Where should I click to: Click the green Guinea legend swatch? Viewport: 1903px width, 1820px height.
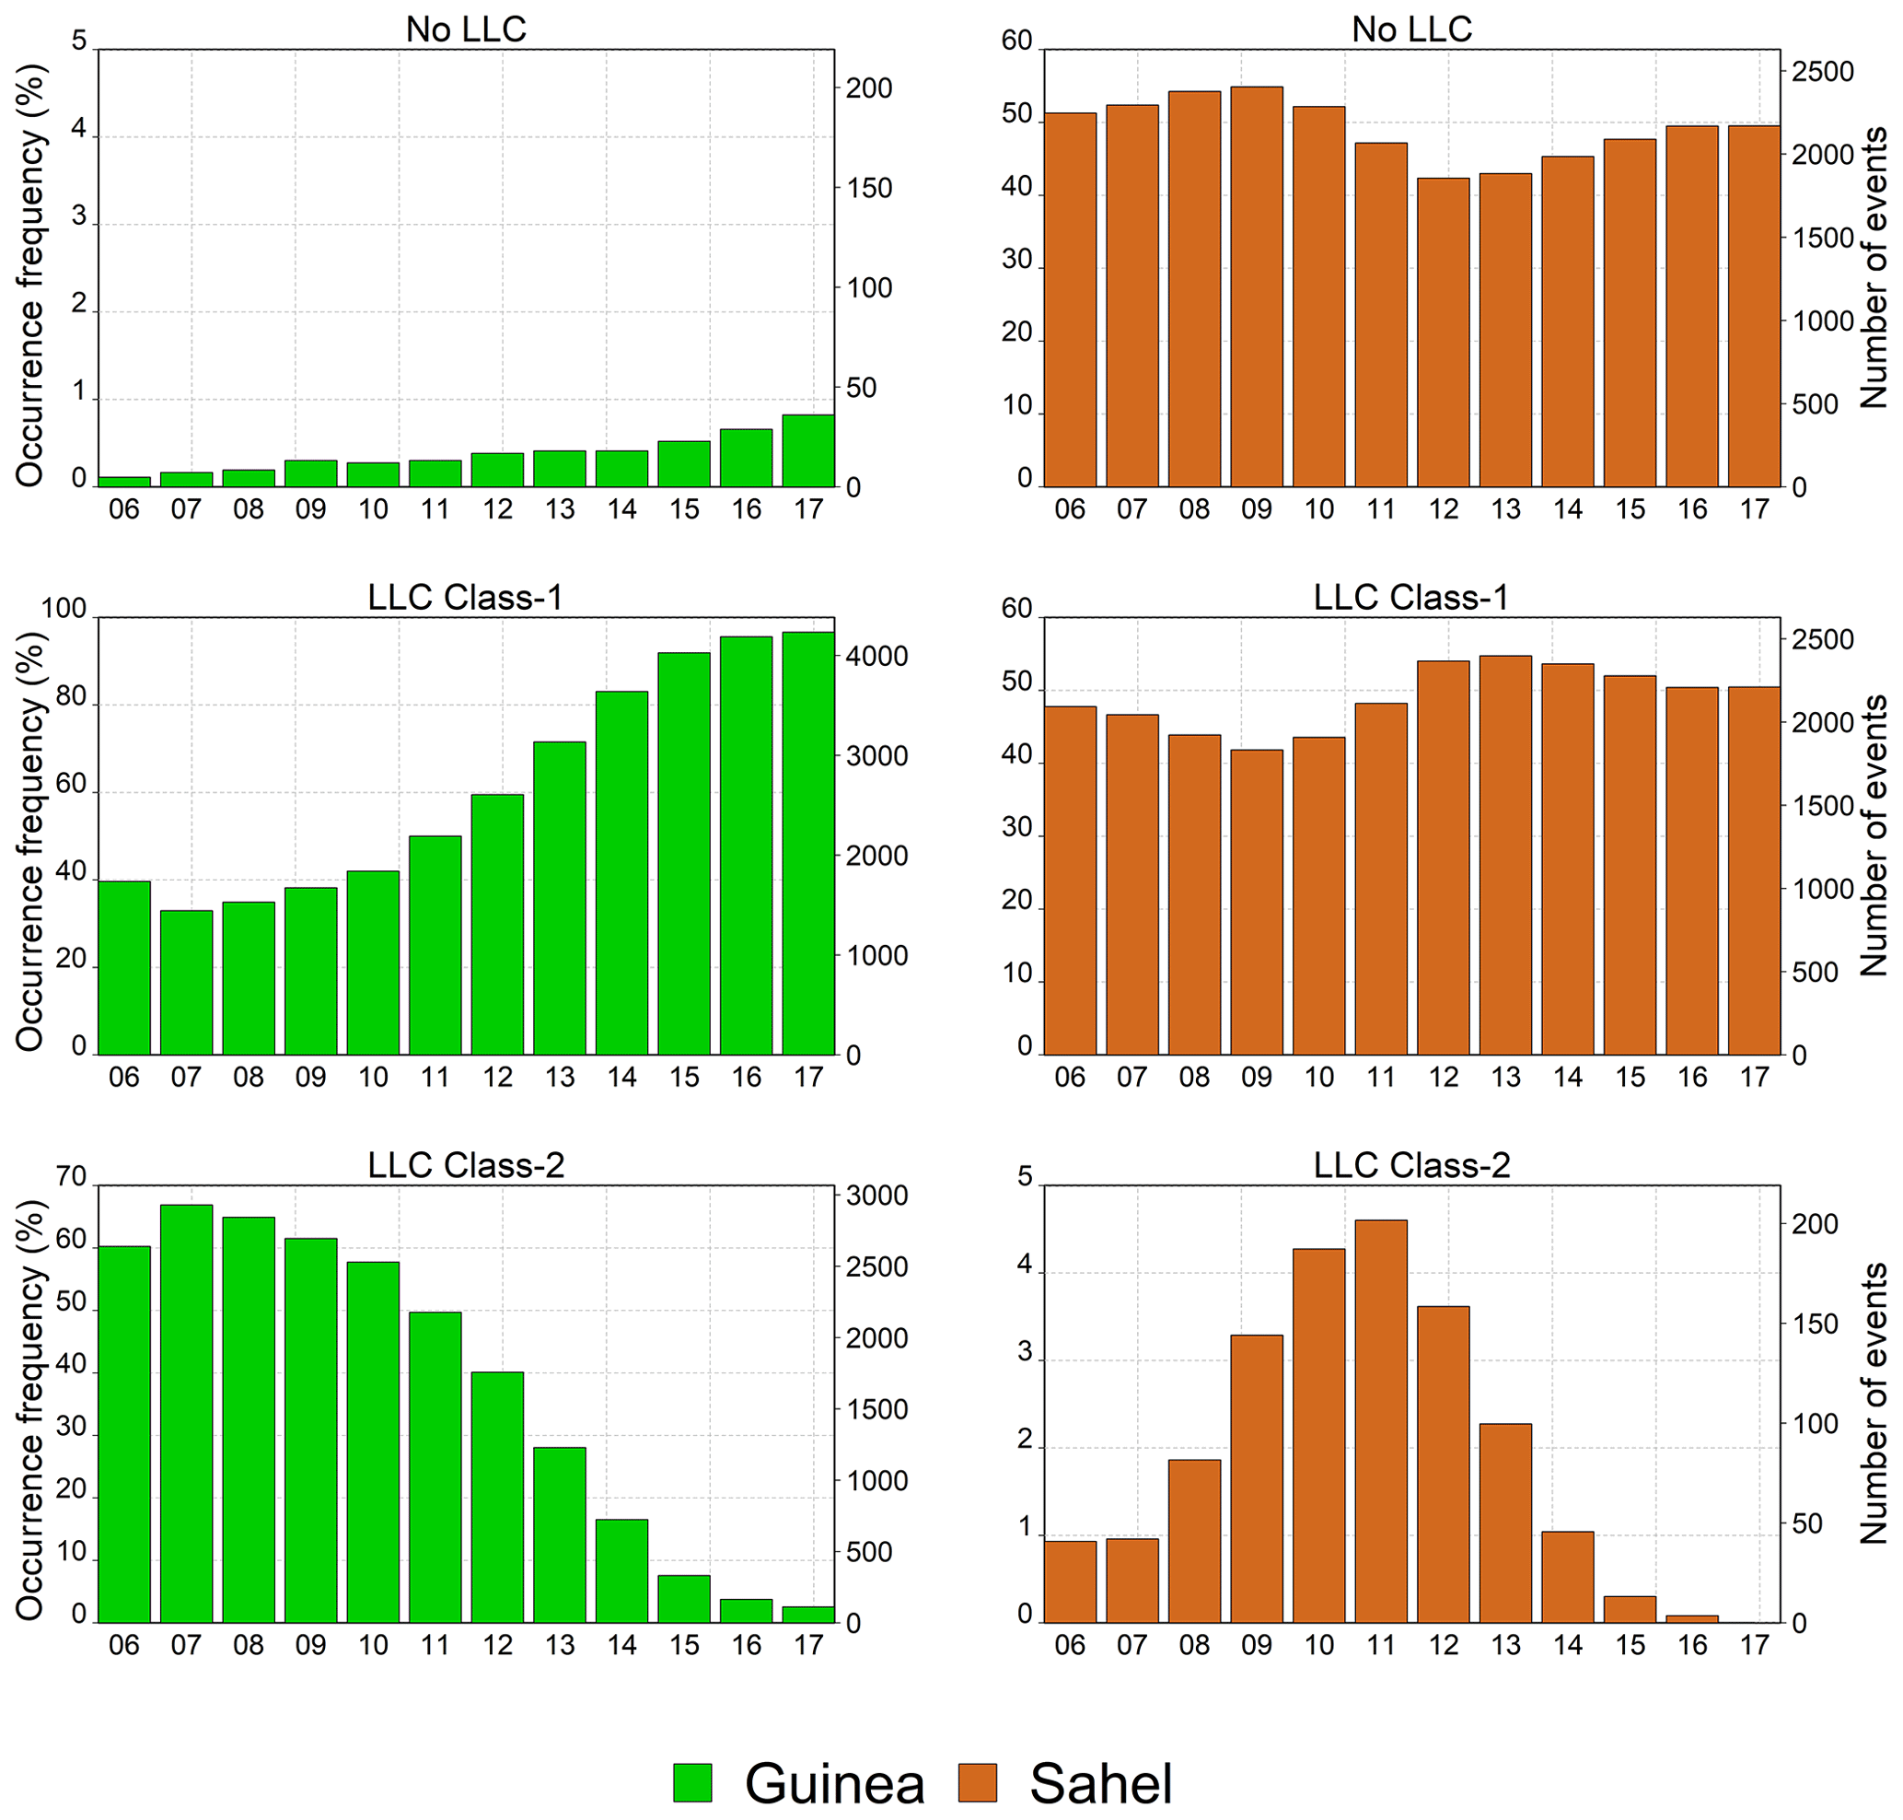click(x=692, y=1782)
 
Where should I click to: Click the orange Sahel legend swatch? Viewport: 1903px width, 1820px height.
click(x=977, y=1782)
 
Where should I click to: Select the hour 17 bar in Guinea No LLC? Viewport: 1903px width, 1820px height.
click(x=808, y=450)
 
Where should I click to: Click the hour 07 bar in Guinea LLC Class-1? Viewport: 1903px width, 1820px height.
click(x=186, y=982)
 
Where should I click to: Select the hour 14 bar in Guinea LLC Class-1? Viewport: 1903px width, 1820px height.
click(x=621, y=872)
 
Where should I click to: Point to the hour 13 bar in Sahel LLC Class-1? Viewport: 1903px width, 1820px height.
click(x=1504, y=855)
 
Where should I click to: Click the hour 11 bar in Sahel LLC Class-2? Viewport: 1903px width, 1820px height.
click(x=1380, y=1421)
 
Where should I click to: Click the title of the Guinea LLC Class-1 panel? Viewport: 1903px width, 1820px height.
click(x=466, y=597)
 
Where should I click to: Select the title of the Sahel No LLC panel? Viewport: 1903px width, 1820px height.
click(x=1411, y=29)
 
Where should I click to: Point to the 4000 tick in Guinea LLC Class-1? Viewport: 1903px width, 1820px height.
click(x=875, y=657)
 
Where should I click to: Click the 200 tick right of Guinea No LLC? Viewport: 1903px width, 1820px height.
click(x=869, y=88)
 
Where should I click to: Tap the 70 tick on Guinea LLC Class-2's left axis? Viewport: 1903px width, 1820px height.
click(x=71, y=1178)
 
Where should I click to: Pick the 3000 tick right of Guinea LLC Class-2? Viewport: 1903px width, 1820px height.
click(x=876, y=1196)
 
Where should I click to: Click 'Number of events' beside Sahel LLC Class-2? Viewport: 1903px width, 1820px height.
click(x=1874, y=1403)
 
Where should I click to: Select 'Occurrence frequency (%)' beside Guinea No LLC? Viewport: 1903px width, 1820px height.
click(x=30, y=274)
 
